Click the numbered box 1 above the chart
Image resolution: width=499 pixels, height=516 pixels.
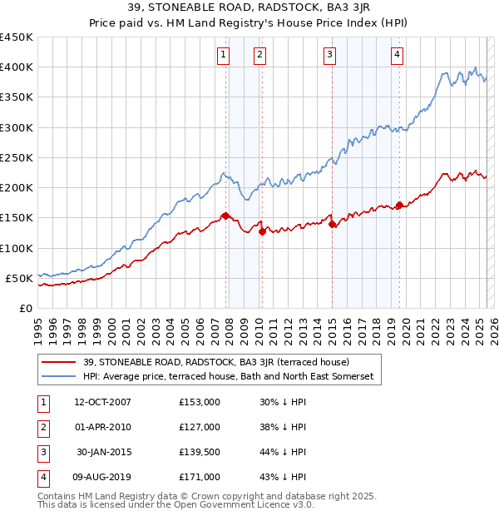224,55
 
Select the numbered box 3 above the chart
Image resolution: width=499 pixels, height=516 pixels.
330,55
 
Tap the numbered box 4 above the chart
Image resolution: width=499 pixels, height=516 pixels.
398,55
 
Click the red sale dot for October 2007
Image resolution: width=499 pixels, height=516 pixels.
225,216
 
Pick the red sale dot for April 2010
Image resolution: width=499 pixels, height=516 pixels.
262,231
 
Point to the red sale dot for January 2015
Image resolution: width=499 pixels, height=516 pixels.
333,224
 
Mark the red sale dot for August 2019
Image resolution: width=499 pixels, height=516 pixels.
399,205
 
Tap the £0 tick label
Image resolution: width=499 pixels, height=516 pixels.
25,308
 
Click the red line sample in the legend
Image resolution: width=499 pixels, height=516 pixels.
59,362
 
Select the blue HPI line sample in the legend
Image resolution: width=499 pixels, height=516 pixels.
59,376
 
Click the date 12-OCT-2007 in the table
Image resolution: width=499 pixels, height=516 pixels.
102,401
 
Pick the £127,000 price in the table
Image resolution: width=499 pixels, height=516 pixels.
200,427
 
